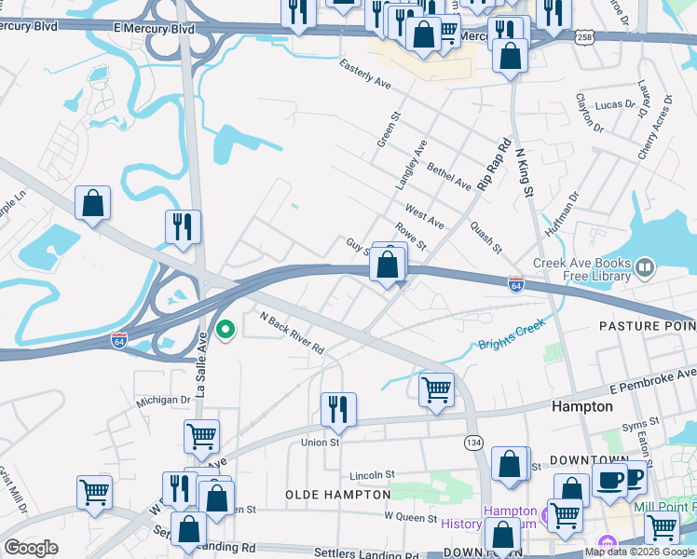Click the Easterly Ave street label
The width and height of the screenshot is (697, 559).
(x=365, y=75)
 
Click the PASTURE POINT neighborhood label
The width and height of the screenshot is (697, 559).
(x=647, y=326)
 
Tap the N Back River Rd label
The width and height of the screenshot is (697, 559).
(x=292, y=333)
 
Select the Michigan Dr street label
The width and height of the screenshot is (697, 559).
(x=163, y=400)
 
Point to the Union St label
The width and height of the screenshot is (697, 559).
(x=320, y=443)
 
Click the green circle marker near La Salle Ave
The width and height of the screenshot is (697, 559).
(x=225, y=329)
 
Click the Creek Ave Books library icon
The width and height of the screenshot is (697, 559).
(x=644, y=269)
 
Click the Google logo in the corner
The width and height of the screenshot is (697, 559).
(x=31, y=548)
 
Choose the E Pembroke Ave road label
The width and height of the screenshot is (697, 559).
(x=652, y=379)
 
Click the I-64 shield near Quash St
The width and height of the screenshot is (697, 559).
(x=515, y=283)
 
